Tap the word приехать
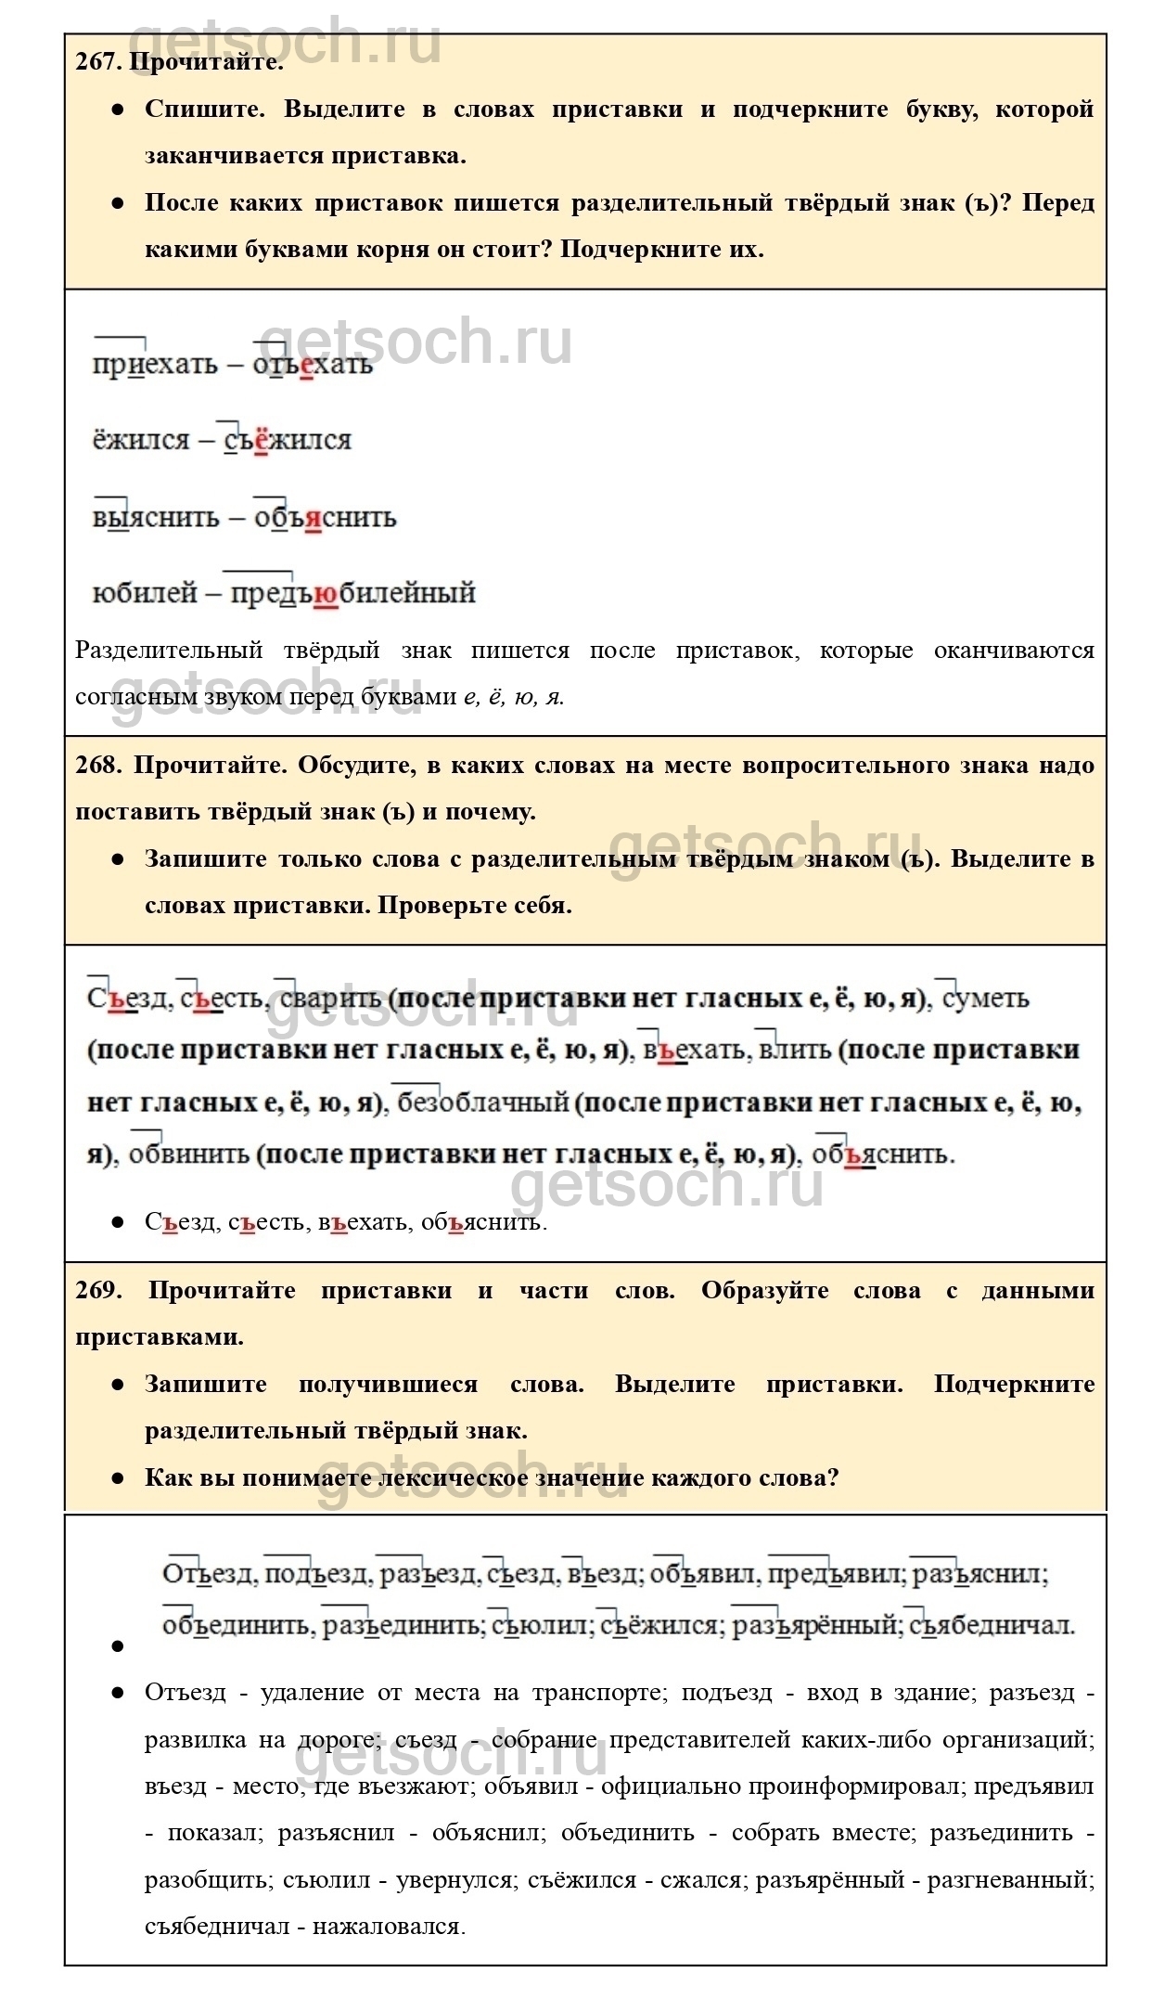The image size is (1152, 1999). tap(155, 364)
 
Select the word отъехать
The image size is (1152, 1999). tap(313, 364)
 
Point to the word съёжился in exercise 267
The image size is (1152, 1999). tap(288, 440)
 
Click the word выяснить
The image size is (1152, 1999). tap(155, 517)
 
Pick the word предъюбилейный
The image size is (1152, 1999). tap(352, 592)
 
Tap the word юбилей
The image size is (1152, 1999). tap(145, 592)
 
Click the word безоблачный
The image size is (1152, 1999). tap(482, 1103)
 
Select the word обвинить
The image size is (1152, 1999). tap(189, 1154)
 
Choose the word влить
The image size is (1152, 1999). tap(794, 1051)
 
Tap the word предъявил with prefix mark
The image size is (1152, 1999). tap(835, 1574)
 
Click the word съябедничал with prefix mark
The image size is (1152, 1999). tap(992, 1626)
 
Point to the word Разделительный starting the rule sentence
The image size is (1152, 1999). tap(168, 651)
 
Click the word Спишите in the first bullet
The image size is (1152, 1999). tap(204, 110)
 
